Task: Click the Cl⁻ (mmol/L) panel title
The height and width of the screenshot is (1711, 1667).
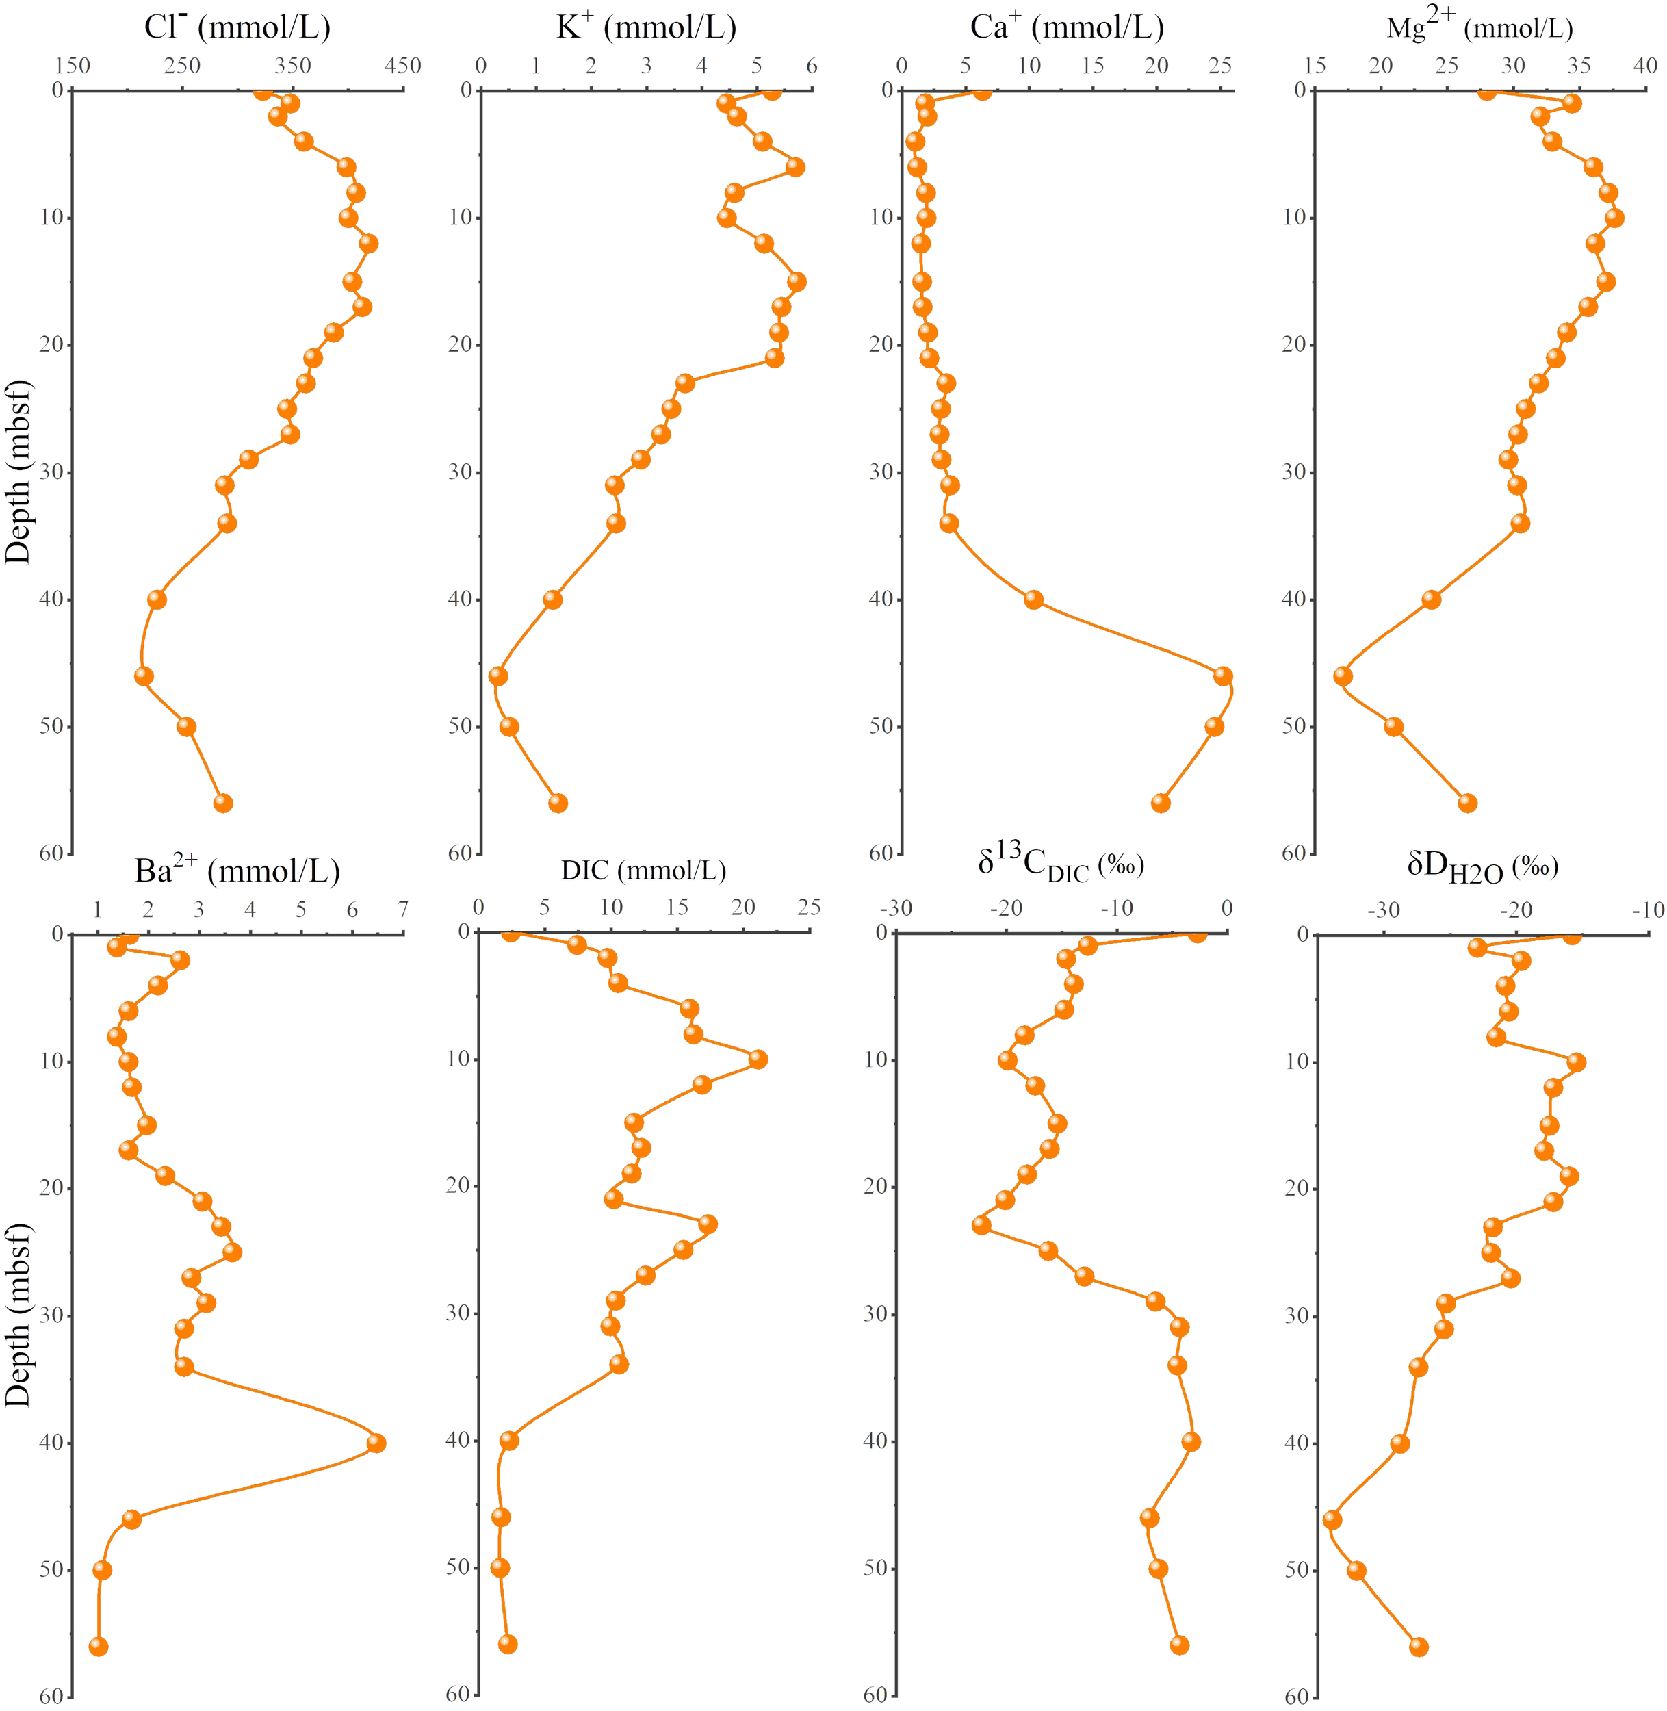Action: click(237, 27)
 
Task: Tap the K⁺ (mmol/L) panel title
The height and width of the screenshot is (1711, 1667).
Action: click(646, 27)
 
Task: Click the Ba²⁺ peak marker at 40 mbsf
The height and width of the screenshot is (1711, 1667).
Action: click(376, 1443)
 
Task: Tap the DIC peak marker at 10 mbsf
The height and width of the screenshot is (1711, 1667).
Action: click(758, 1059)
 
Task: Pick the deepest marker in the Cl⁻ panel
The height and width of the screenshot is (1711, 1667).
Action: click(223, 803)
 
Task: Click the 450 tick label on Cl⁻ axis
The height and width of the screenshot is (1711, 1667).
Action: click(403, 66)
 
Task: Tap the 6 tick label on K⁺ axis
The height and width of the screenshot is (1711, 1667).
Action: click(812, 66)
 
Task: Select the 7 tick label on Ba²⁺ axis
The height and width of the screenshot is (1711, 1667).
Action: click(403, 910)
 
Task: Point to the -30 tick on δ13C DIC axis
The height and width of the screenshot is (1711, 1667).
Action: click(896, 908)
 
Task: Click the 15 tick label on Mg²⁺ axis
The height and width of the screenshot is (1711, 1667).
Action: click(1315, 66)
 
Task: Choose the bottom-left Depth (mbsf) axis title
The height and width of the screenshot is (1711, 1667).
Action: click(18, 1313)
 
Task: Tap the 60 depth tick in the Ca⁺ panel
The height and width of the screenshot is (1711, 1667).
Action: click(881, 853)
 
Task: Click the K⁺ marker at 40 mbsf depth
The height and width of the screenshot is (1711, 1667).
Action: click(552, 600)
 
